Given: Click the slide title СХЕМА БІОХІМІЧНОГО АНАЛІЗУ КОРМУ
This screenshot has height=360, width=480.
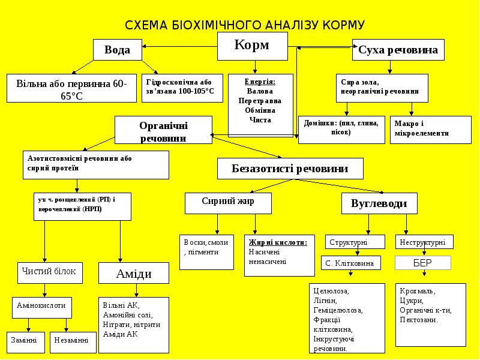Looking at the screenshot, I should (244, 25).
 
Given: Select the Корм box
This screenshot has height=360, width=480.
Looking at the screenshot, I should (252, 46).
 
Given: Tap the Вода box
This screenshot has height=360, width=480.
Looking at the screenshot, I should (118, 50).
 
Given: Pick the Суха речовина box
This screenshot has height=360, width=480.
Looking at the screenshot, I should (398, 50).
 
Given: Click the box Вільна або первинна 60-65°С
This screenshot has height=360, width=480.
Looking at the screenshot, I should (72, 88).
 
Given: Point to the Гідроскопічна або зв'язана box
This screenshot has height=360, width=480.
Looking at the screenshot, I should (182, 87).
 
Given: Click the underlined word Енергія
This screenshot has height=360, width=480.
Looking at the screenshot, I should (260, 82).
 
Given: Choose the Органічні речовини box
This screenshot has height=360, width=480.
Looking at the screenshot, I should (163, 131).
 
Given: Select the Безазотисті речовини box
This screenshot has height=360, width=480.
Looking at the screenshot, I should (290, 169).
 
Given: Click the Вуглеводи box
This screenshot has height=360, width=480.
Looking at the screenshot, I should (379, 203).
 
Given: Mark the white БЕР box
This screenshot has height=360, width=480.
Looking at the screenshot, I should (422, 263).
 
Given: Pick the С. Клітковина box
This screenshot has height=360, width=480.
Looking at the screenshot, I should (350, 263).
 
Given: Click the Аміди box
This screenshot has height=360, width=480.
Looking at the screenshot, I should (133, 274).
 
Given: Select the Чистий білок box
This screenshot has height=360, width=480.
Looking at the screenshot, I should (49, 272).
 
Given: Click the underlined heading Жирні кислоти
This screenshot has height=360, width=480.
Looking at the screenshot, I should (278, 242).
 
